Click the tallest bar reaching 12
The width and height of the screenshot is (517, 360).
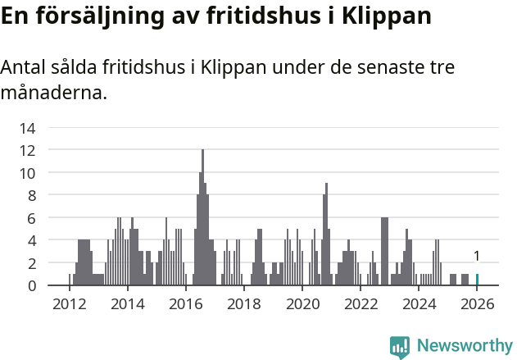tap(202, 217)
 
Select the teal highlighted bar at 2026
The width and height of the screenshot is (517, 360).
tap(477, 280)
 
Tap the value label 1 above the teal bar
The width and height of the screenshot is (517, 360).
tap(477, 256)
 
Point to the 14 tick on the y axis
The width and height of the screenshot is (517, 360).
tap(27, 128)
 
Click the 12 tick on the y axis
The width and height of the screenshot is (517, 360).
tap(27, 150)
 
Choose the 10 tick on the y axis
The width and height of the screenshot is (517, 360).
tap(27, 173)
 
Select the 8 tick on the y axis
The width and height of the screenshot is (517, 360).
tap(30, 195)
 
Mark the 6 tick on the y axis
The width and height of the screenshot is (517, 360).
tap(30, 218)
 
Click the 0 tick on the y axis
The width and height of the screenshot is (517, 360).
tap(30, 285)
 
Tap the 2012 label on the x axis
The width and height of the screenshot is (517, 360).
tap(69, 303)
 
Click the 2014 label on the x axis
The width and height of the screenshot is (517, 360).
tap(127, 303)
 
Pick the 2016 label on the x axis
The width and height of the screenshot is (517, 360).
tap(185, 303)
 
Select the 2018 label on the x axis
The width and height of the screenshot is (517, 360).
tap(243, 303)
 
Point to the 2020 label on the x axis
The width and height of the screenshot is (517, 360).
tap(302, 303)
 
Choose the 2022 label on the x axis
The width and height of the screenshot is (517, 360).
tap(361, 303)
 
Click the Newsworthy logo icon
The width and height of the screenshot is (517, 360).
tap(400, 347)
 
